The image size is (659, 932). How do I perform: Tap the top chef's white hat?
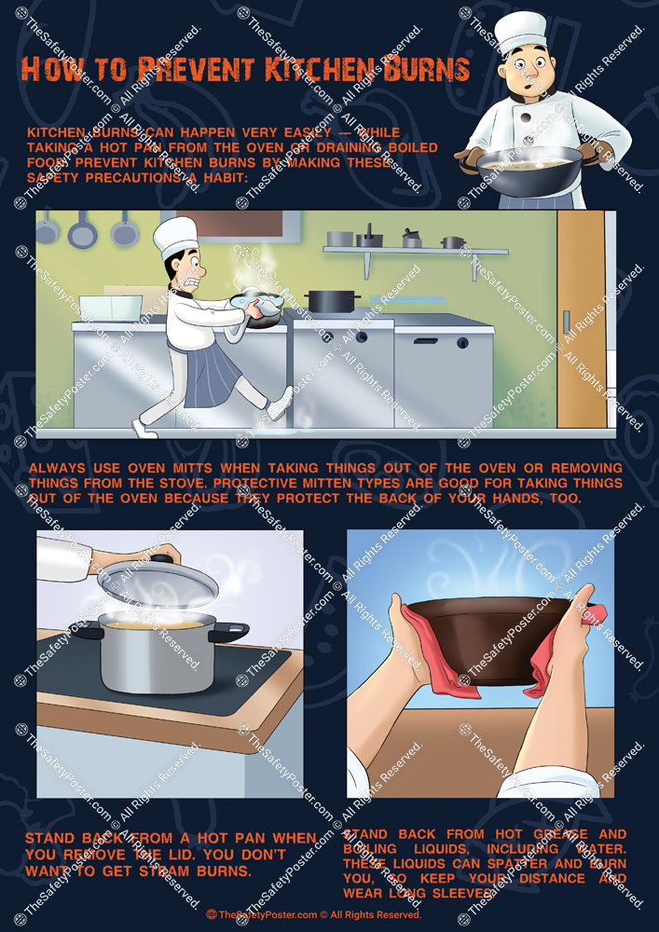520,32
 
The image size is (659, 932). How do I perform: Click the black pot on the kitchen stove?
333,301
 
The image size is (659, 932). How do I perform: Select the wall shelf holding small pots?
415,250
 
